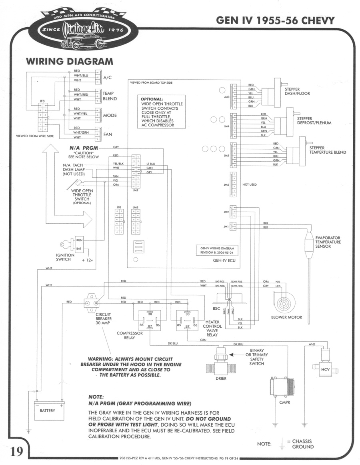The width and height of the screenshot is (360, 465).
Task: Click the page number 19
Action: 16,451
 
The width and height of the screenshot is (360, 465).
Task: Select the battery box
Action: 48,410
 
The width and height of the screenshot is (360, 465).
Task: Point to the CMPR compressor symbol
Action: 282,386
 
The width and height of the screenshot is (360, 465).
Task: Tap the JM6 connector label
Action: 226,185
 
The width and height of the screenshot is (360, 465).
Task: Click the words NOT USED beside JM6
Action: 250,185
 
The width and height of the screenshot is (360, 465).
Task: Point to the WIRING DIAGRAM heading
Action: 70,62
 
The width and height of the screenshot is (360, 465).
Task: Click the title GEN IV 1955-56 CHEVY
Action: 275,20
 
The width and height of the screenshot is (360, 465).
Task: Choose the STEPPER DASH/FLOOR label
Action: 297,91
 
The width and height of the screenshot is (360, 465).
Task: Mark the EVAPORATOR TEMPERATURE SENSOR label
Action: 328,242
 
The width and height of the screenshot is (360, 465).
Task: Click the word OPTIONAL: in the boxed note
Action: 152,98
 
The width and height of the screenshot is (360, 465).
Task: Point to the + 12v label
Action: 87,261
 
